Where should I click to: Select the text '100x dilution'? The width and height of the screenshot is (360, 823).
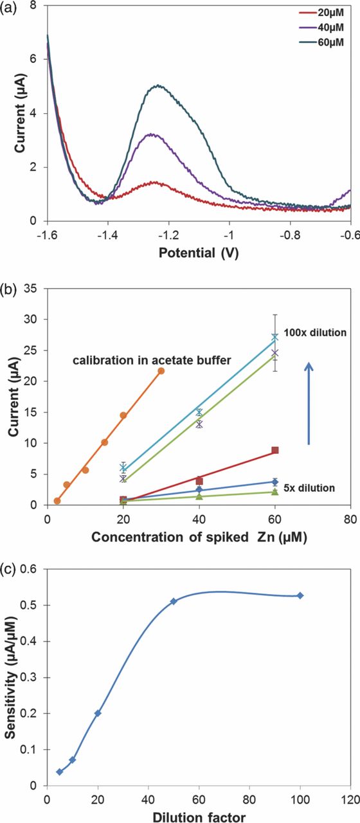click(x=316, y=332)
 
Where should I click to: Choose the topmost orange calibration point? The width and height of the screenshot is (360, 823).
click(x=161, y=371)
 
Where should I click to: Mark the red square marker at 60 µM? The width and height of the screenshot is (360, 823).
click(x=275, y=451)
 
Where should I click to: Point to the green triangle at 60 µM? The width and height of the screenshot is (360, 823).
click(x=275, y=492)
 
